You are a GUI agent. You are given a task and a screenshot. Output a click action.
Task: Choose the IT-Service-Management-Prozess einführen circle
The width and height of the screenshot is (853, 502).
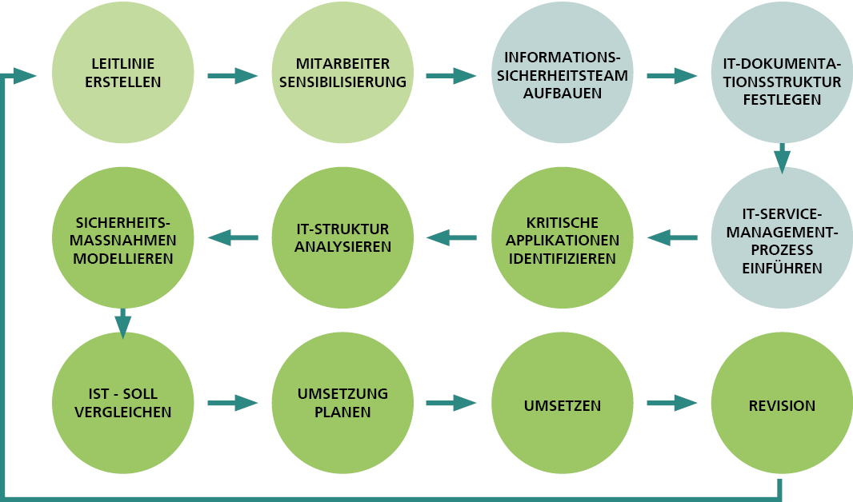(782, 238)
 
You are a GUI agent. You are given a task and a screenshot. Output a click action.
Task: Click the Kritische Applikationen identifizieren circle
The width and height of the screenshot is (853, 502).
(562, 238)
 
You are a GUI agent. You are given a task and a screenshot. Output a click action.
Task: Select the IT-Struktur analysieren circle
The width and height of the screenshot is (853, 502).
(342, 238)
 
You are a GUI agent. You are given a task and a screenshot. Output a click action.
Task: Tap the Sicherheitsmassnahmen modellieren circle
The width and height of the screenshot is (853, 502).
(122, 238)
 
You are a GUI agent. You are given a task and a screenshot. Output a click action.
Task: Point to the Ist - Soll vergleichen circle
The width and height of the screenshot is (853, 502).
(122, 404)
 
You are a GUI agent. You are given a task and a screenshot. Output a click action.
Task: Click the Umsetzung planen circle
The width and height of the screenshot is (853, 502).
(342, 404)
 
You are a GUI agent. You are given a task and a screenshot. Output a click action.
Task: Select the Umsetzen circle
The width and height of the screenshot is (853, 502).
(562, 404)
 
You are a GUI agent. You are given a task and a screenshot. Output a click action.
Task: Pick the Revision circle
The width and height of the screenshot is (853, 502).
(782, 404)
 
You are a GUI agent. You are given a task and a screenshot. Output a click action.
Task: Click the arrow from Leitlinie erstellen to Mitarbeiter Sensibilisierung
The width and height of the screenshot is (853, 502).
(232, 76)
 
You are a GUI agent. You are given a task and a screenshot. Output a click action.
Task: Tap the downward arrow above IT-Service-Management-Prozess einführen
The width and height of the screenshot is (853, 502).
(782, 157)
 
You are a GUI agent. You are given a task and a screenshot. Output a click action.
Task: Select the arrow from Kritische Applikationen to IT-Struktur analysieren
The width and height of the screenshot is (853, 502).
(452, 237)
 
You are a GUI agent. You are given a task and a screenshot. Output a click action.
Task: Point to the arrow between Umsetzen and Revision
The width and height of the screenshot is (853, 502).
(671, 404)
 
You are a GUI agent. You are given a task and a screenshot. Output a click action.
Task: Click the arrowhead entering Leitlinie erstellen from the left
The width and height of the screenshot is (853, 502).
(26, 76)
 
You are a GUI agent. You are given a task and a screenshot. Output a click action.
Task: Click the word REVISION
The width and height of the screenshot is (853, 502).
(782, 406)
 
